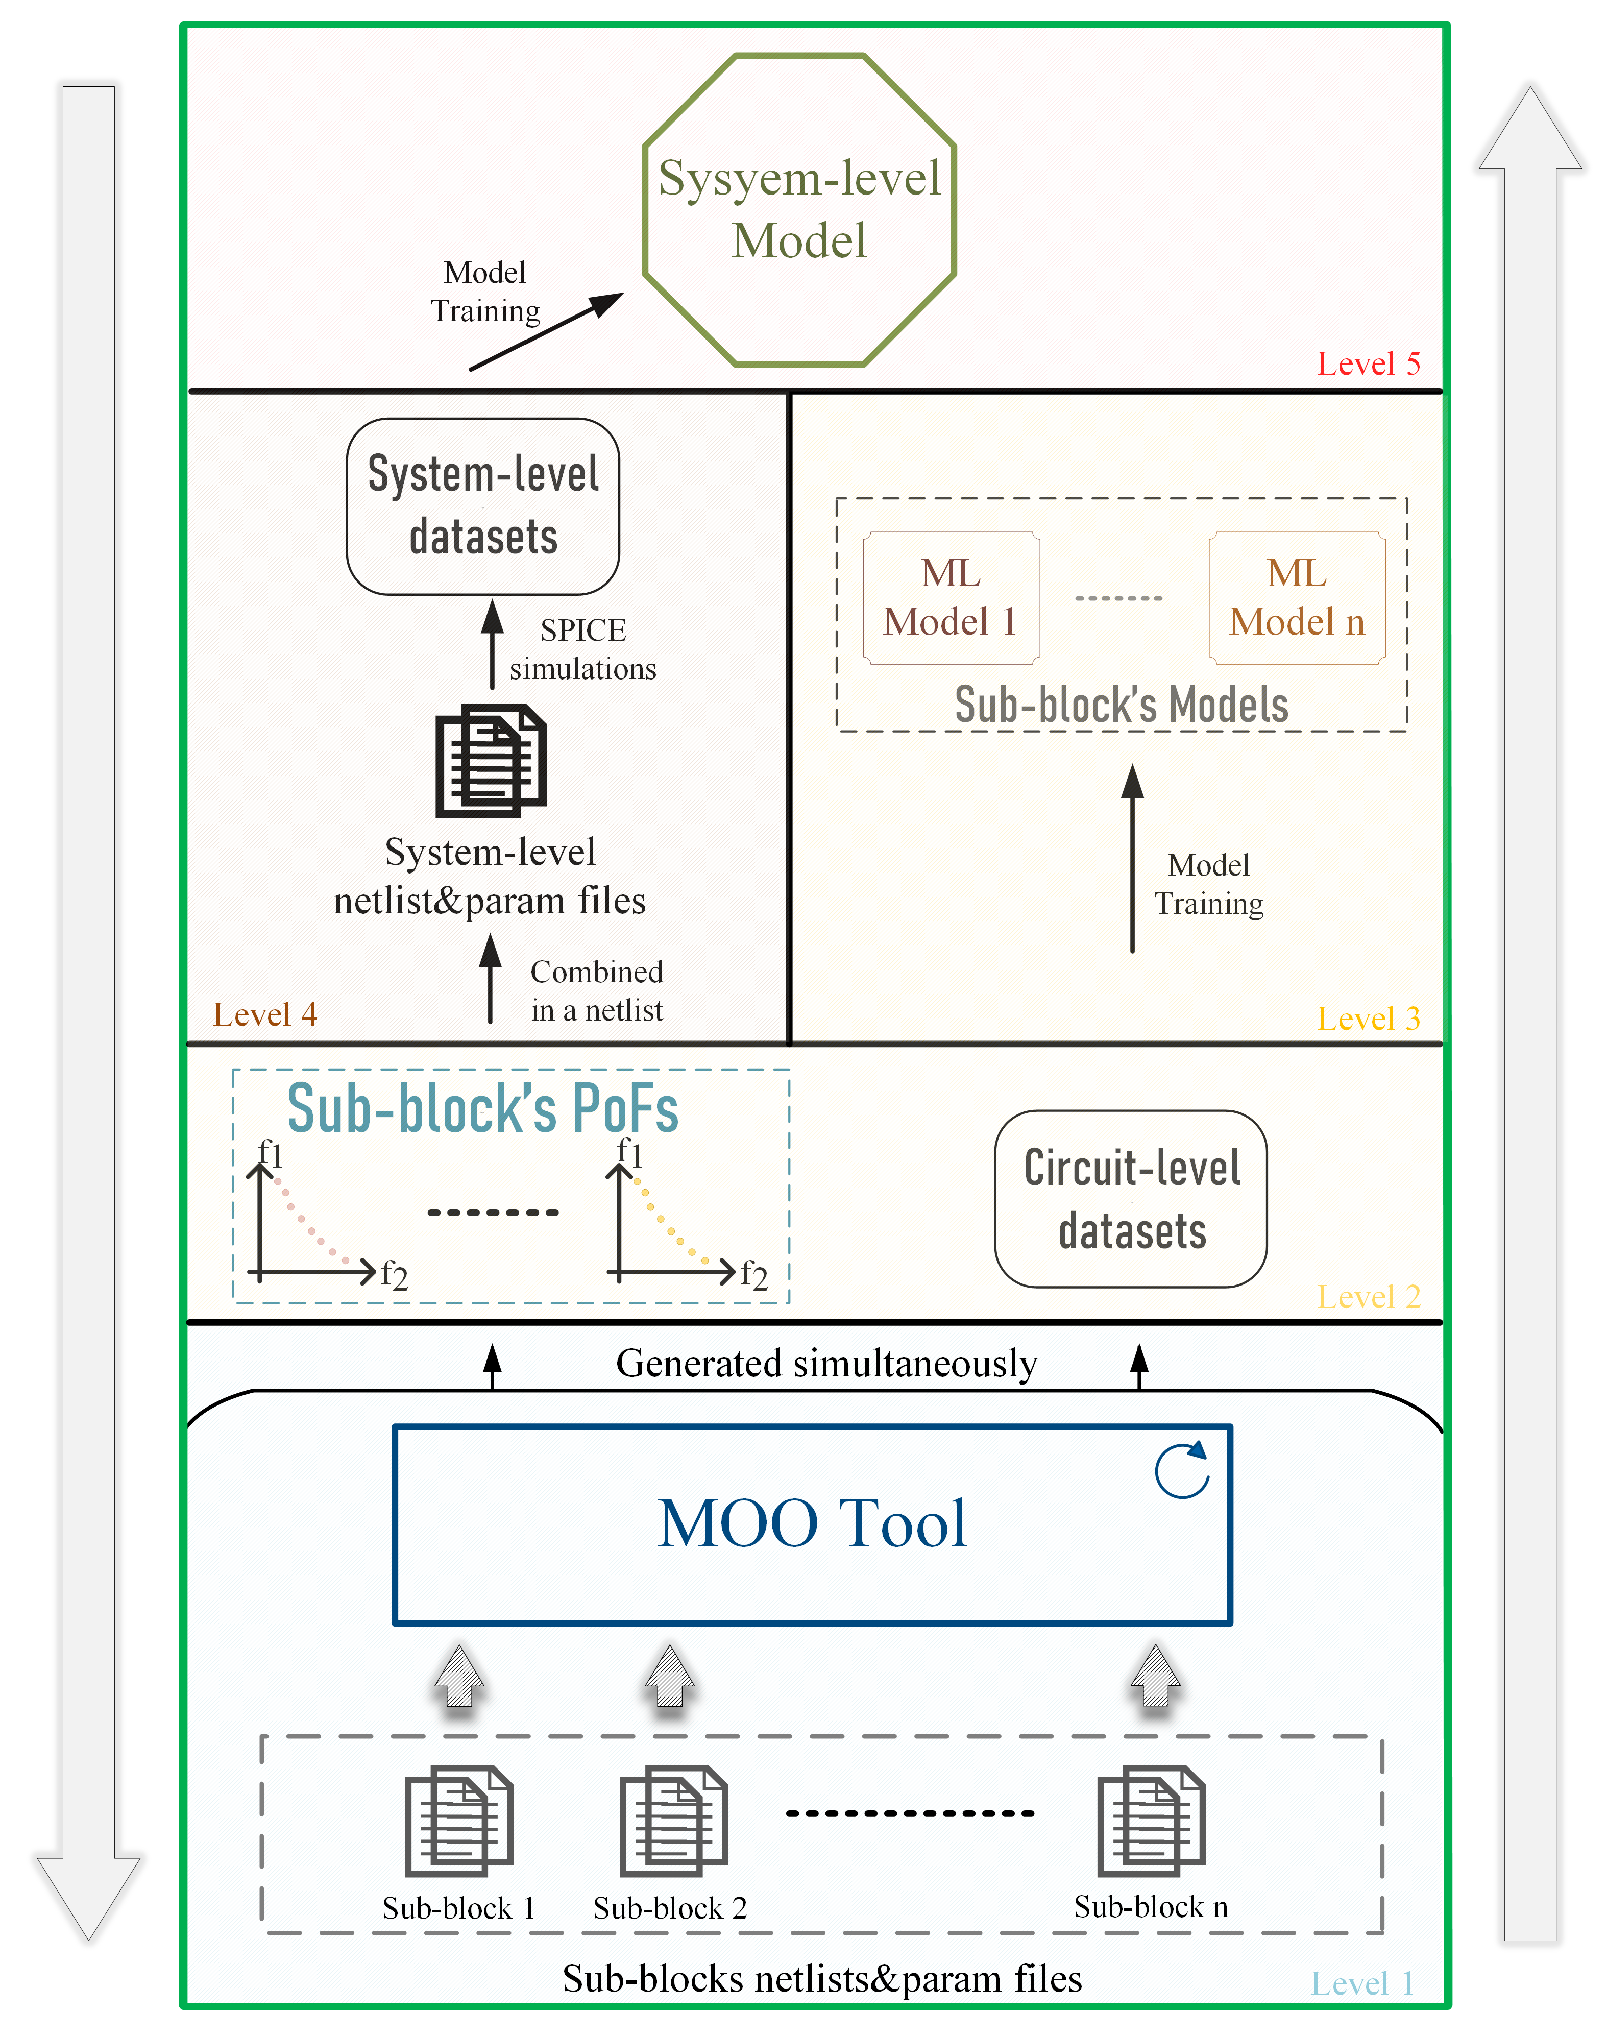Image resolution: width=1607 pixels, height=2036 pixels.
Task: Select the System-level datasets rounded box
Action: [483, 506]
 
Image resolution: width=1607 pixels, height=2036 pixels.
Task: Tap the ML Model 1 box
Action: [951, 597]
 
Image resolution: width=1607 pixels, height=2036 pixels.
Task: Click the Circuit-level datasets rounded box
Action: [1131, 1199]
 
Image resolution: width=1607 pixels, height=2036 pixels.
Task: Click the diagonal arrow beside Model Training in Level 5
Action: [546, 331]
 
